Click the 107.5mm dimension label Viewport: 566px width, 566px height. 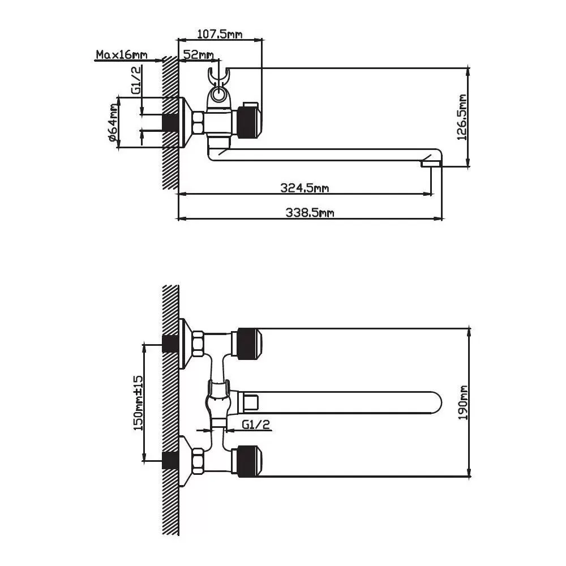pos(220,34)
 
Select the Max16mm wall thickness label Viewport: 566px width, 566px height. pos(121,55)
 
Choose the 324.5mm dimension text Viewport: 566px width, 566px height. pos(305,188)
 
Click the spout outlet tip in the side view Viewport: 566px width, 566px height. pos(431,164)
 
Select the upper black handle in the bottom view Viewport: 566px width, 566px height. pos(249,344)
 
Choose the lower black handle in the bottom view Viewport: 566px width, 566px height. pos(249,460)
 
